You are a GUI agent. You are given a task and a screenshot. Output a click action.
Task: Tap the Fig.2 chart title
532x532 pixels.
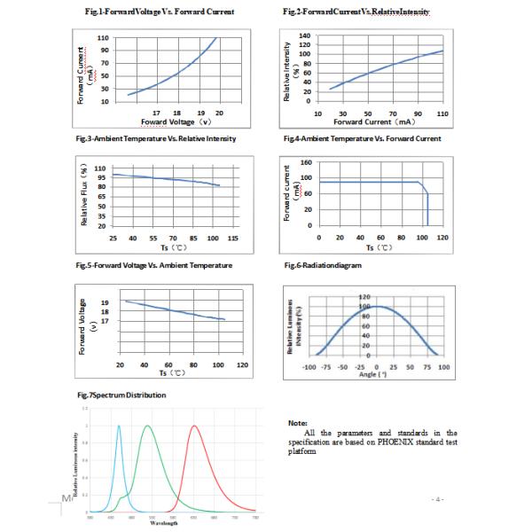tap(356, 12)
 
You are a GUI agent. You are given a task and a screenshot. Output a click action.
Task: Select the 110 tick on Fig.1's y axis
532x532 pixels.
tap(104, 38)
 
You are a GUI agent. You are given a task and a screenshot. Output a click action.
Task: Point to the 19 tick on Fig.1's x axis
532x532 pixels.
tap(201, 113)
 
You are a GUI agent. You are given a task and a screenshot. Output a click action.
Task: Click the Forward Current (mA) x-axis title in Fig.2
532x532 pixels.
tap(375, 121)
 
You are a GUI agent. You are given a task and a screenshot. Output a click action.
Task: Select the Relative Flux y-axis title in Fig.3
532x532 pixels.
tap(85, 196)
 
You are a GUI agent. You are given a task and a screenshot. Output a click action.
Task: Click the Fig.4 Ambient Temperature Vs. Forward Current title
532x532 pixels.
tap(362, 139)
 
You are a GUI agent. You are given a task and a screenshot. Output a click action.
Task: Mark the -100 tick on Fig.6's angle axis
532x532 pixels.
tap(309, 366)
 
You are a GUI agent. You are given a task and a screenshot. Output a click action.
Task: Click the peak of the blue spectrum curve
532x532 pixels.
tap(119, 425)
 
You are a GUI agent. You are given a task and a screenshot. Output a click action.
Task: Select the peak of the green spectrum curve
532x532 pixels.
tap(148, 425)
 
